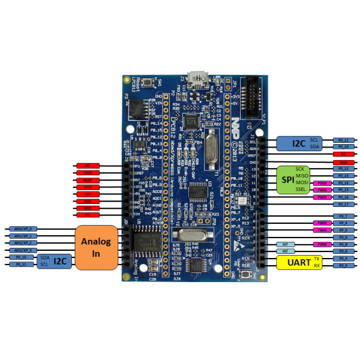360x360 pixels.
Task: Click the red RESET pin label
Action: pyautogui.click(x=88, y=180)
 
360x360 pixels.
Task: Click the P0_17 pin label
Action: pyautogui.click(x=343, y=205)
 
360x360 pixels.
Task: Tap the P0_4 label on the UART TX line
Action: pyautogui.click(x=343, y=259)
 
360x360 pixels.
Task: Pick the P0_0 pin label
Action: pyautogui.click(x=343, y=265)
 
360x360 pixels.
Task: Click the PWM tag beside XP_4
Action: pyautogui.click(x=322, y=223)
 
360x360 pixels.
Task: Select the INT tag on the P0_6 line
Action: pyautogui.click(x=286, y=251)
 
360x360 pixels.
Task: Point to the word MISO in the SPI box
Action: pyautogui.click(x=302, y=175)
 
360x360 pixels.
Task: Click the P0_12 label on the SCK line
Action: pyautogui.click(x=343, y=169)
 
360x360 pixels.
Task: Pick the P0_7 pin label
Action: pyautogui.click(x=343, y=215)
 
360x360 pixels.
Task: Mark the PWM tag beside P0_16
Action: pyautogui.click(x=322, y=197)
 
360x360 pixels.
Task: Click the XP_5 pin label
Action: pyautogui.click(x=343, y=230)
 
